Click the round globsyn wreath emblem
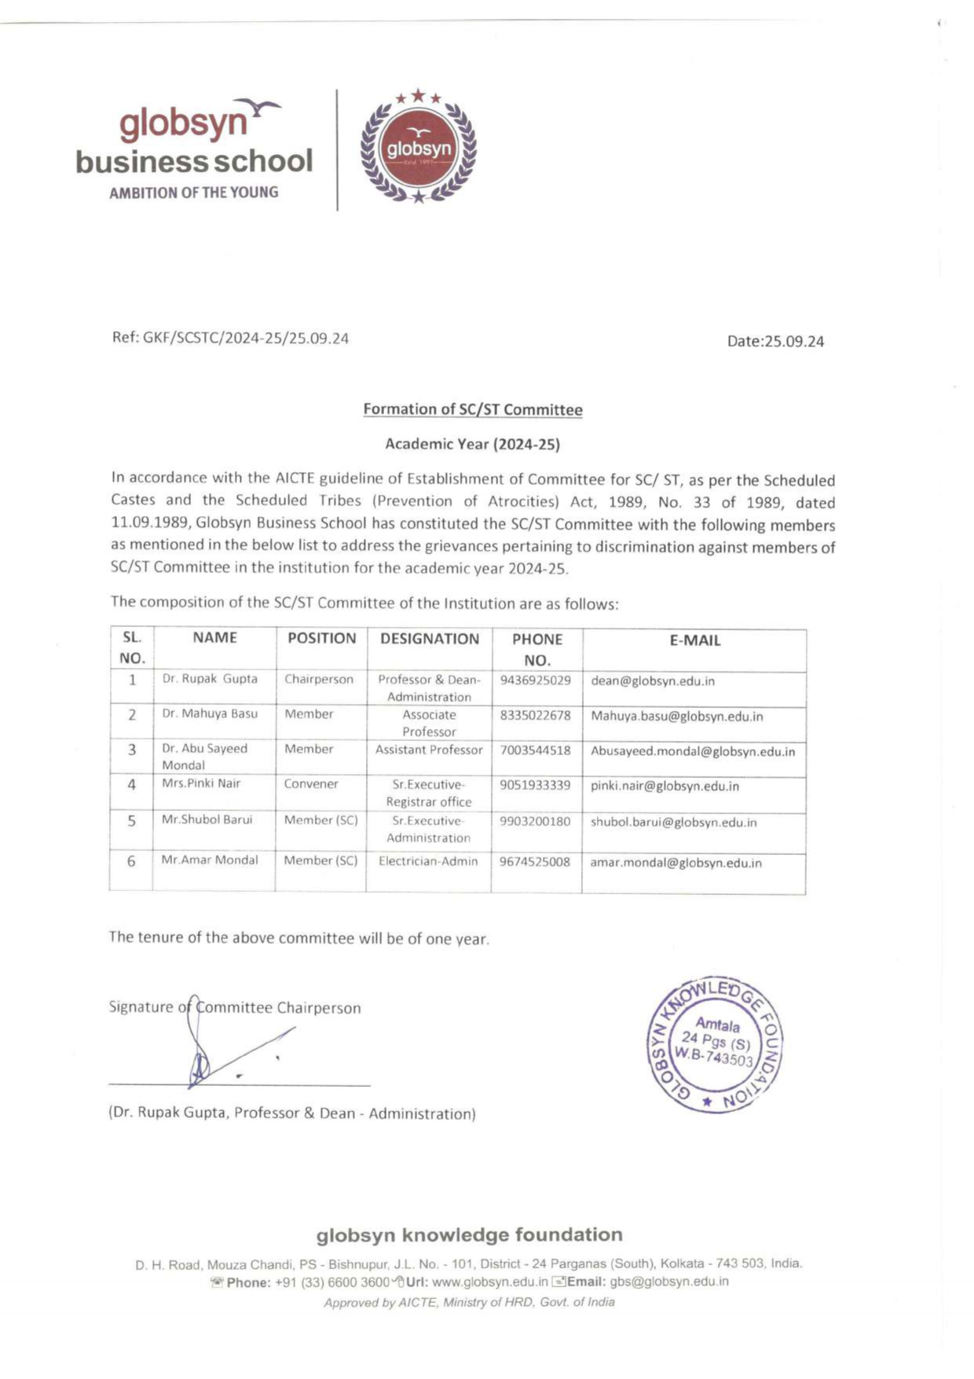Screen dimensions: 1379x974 [418, 148]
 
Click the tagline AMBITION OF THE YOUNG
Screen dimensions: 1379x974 [193, 193]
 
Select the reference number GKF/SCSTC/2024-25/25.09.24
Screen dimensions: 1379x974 [245, 339]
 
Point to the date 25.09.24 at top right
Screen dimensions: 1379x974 [796, 342]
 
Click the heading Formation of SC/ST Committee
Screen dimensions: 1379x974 [472, 409]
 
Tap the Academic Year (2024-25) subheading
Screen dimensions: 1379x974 [472, 444]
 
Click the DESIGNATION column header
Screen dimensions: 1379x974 [429, 639]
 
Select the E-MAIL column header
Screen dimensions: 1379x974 [694, 640]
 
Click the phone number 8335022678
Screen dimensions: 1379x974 [535, 715]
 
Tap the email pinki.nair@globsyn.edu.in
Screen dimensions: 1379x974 [665, 786]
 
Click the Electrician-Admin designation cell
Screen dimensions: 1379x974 [428, 861]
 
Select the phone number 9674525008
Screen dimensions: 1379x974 [535, 862]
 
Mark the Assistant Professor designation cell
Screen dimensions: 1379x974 [429, 750]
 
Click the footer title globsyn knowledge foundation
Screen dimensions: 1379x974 [469, 1235]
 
